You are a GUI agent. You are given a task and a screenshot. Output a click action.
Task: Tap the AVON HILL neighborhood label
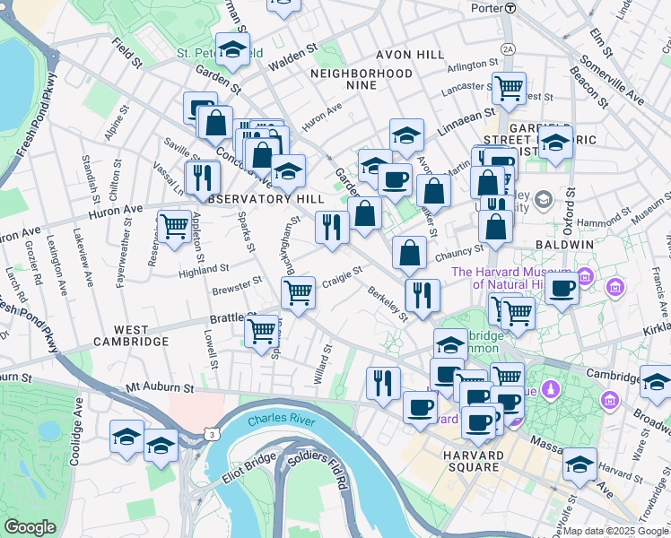click(410, 55)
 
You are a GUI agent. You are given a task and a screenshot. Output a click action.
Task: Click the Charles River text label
click(279, 420)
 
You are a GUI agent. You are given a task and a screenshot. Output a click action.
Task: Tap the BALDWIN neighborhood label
click(565, 244)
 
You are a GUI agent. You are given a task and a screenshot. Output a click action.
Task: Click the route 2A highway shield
click(509, 48)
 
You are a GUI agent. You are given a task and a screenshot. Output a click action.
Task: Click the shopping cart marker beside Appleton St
click(173, 224)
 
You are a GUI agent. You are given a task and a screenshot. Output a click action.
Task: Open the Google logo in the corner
click(30, 526)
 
